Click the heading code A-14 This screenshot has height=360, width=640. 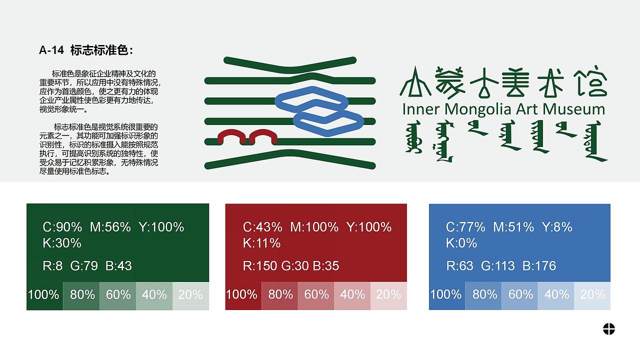(x=51, y=50)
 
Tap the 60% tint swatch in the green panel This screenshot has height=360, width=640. (x=118, y=295)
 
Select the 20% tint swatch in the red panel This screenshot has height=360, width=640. (x=388, y=295)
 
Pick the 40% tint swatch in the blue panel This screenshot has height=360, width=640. (x=556, y=295)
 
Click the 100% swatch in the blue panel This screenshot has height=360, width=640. (x=446, y=295)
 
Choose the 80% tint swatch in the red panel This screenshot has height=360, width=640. (x=280, y=295)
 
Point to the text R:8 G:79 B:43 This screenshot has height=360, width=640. (x=87, y=265)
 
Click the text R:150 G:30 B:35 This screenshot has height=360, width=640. (x=291, y=265)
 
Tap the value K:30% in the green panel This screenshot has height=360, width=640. (x=62, y=243)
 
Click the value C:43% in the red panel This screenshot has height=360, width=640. (x=262, y=227)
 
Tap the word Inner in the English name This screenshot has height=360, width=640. (x=421, y=109)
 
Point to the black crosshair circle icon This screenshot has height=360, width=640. (x=608, y=329)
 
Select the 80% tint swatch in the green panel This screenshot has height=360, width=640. (x=82, y=295)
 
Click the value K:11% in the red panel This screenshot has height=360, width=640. (x=262, y=243)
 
